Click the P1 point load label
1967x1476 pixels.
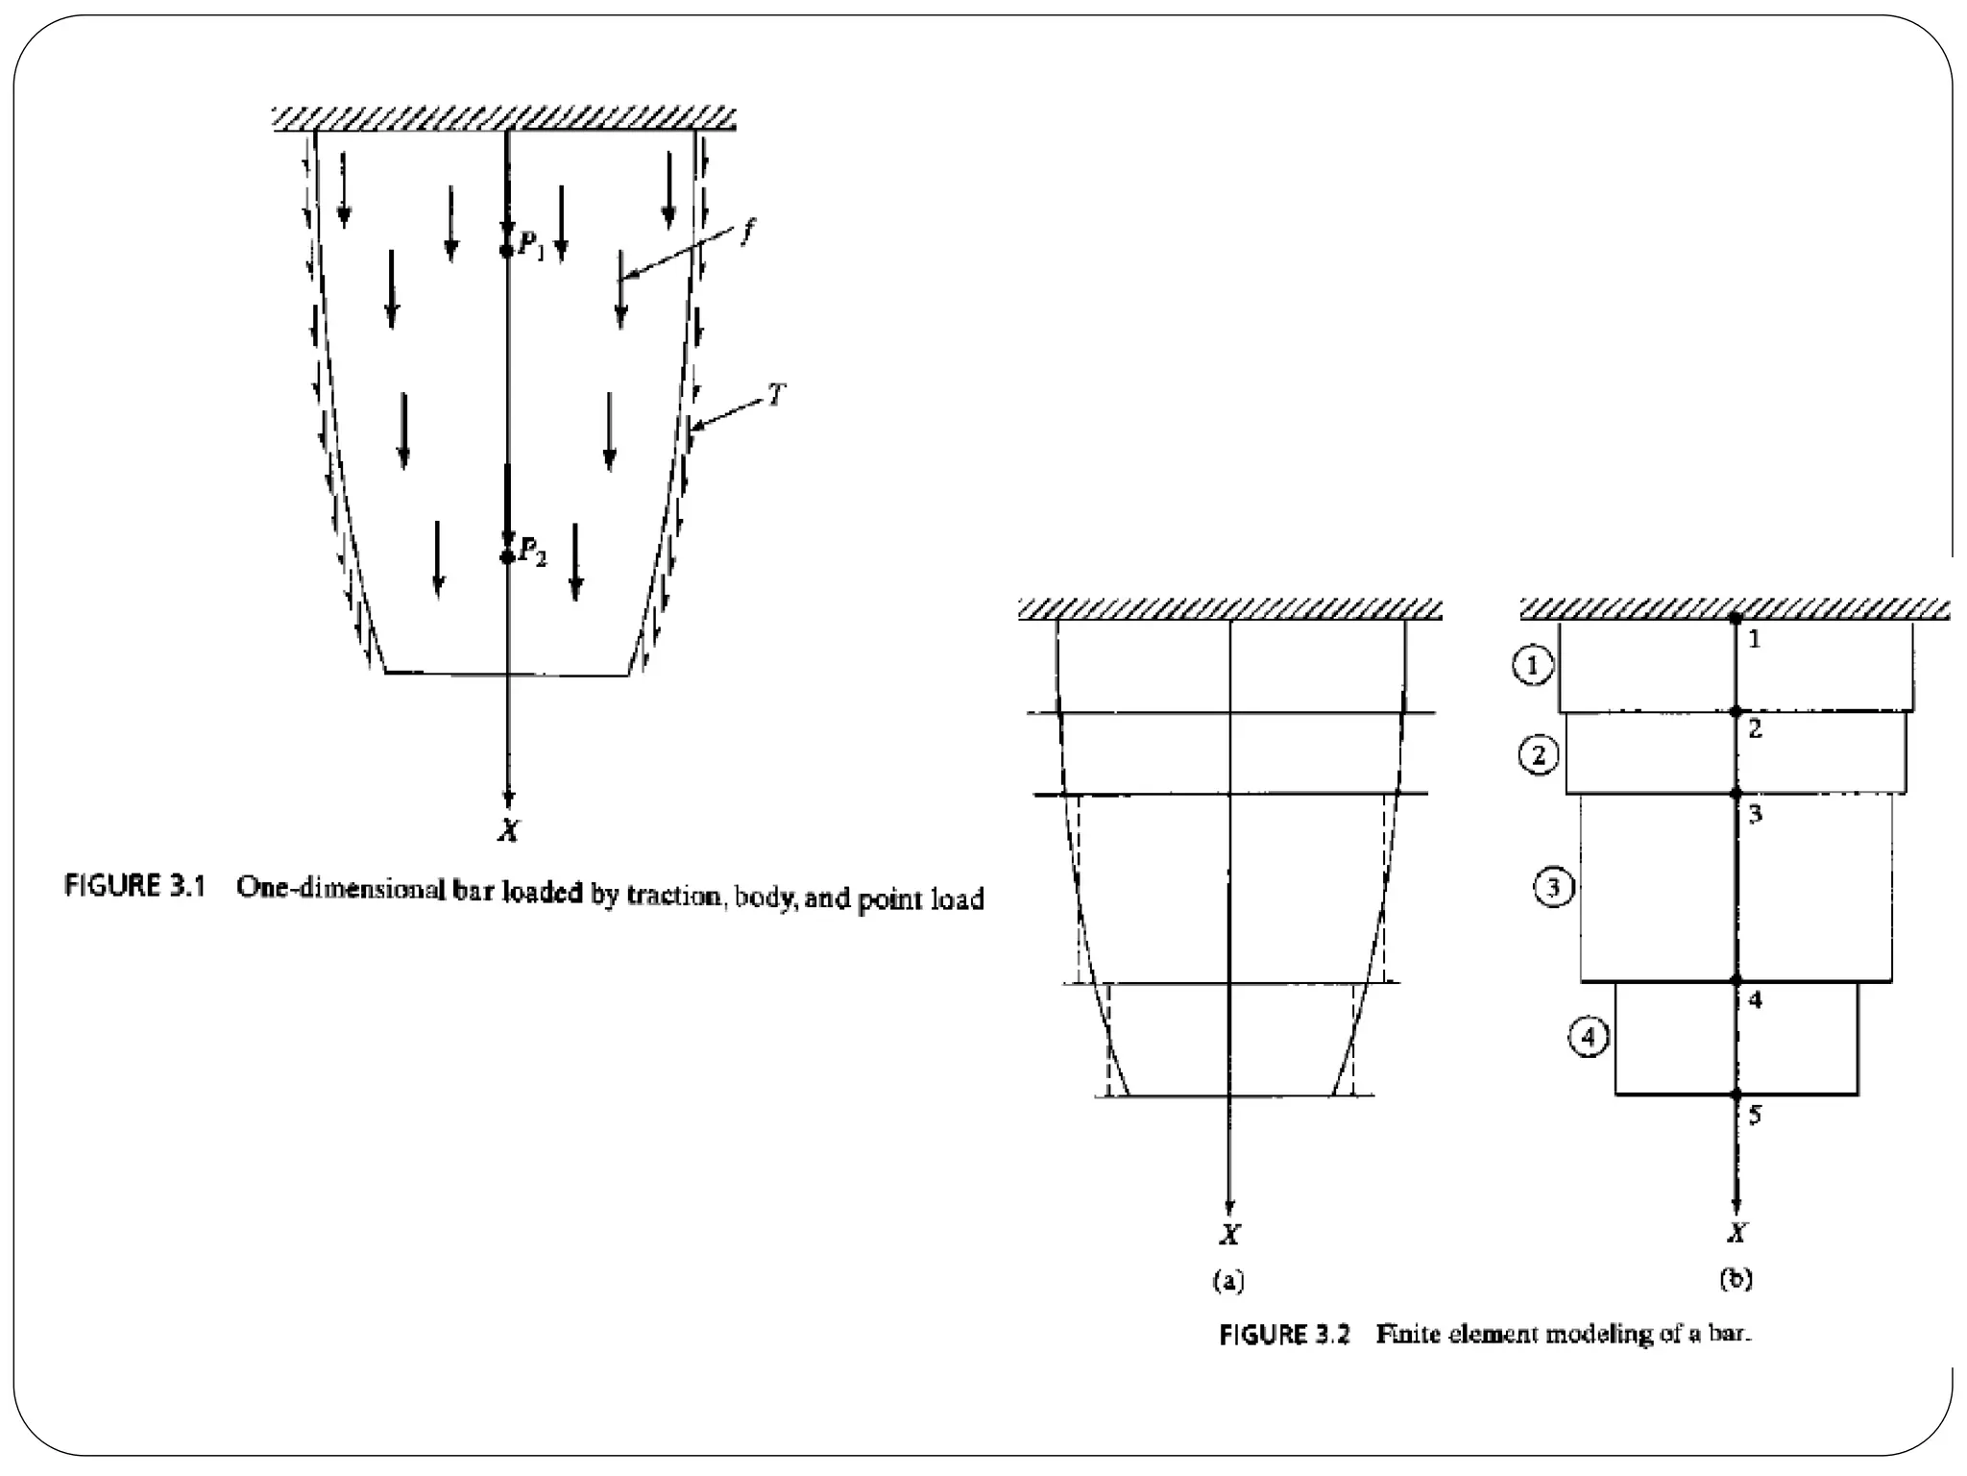pyautogui.click(x=531, y=245)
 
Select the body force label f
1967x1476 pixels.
pyautogui.click(x=748, y=232)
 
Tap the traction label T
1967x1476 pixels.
pyautogui.click(x=776, y=394)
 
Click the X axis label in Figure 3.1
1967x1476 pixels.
pyautogui.click(x=508, y=831)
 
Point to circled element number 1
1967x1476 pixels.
pyautogui.click(x=1532, y=665)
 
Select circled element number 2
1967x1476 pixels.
pyautogui.click(x=1539, y=755)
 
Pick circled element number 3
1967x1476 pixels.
pyautogui.click(x=1553, y=886)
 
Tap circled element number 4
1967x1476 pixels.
pyautogui.click(x=1589, y=1038)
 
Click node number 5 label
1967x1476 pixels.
pyautogui.click(x=1755, y=1116)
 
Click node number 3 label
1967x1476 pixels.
pyautogui.click(x=1755, y=816)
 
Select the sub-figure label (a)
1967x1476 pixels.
pyautogui.click(x=1228, y=1279)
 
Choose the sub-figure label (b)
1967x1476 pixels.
pyautogui.click(x=1736, y=1279)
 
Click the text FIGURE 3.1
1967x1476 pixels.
pyautogui.click(x=134, y=886)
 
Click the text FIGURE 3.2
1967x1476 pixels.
pyautogui.click(x=1284, y=1335)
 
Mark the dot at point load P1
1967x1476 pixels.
pyautogui.click(x=507, y=251)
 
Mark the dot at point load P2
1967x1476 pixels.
pyautogui.click(x=507, y=556)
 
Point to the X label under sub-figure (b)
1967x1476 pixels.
pyautogui.click(x=1736, y=1233)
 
